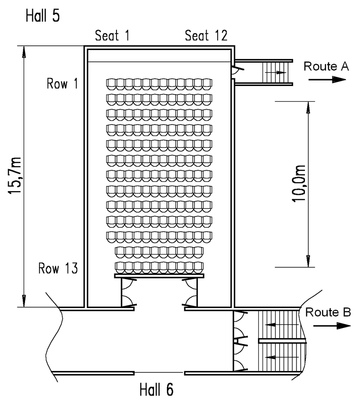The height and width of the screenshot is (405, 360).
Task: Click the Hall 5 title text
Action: (x=43, y=16)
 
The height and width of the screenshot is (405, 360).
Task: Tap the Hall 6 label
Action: (x=156, y=389)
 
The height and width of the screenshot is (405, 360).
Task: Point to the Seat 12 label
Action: (x=206, y=36)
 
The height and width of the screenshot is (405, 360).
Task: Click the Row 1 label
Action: (x=62, y=84)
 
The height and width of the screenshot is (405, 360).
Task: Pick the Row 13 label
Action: (x=58, y=269)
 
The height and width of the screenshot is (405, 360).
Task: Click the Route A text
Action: (x=326, y=66)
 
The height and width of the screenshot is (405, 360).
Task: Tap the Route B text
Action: (x=328, y=313)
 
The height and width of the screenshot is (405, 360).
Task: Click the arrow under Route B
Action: (x=332, y=325)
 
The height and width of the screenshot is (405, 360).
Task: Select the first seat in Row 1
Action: (x=111, y=83)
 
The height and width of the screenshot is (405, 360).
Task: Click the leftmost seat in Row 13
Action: (x=120, y=267)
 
